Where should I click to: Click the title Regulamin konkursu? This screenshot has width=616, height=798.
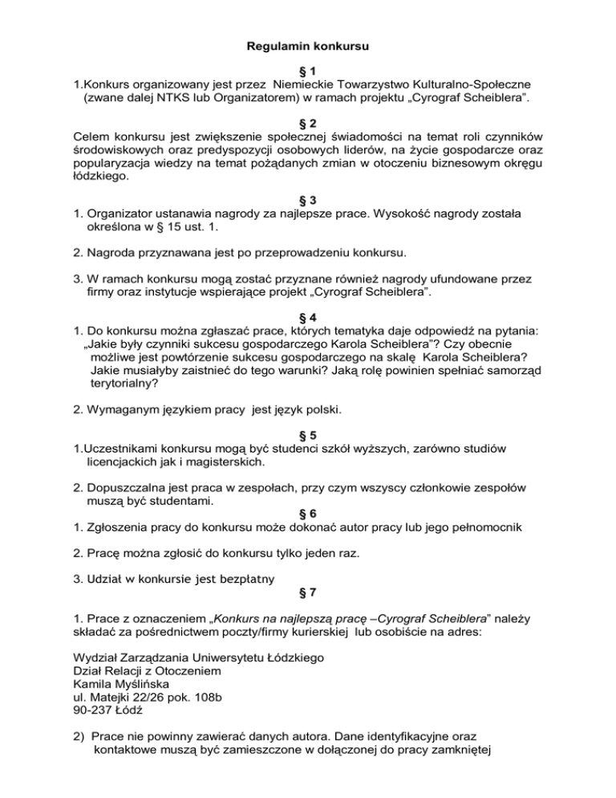[x=308, y=50]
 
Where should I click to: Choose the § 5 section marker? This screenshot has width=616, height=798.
[x=308, y=434]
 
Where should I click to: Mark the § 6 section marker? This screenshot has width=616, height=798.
[x=308, y=511]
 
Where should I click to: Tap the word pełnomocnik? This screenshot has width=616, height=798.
[x=485, y=527]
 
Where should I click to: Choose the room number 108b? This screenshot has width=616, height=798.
[x=233, y=698]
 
